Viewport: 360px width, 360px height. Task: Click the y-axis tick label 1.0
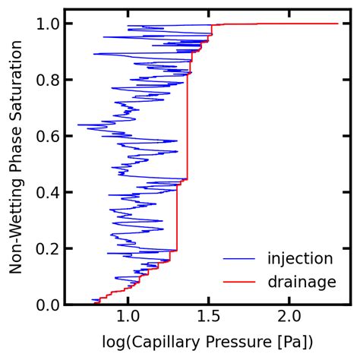click(x=47, y=24)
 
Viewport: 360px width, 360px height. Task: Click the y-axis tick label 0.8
click(x=47, y=80)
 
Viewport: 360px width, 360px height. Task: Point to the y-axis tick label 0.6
click(x=47, y=136)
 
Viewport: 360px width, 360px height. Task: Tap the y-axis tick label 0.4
click(x=47, y=192)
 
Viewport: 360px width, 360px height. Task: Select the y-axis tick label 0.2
click(x=47, y=248)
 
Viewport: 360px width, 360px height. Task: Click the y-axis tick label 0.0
click(x=47, y=305)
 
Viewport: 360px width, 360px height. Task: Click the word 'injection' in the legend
click(x=300, y=259)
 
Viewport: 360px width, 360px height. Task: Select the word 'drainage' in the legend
click(x=302, y=282)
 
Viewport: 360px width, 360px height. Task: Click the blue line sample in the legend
click(x=238, y=259)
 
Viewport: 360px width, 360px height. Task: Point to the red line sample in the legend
click(x=238, y=282)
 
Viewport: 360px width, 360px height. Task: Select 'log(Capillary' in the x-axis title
click(x=150, y=340)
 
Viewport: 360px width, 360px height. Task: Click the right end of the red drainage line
click(x=337, y=24)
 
